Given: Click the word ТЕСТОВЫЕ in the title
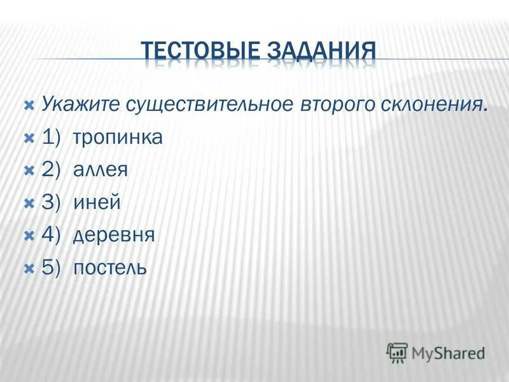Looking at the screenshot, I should coord(202,51).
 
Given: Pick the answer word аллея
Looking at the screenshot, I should coord(101,170).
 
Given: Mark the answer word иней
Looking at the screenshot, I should coord(97,202).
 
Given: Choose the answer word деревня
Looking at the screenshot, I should coord(114,235).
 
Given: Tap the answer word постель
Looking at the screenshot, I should coord(110,267).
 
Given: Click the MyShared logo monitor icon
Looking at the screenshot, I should coord(397,352).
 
